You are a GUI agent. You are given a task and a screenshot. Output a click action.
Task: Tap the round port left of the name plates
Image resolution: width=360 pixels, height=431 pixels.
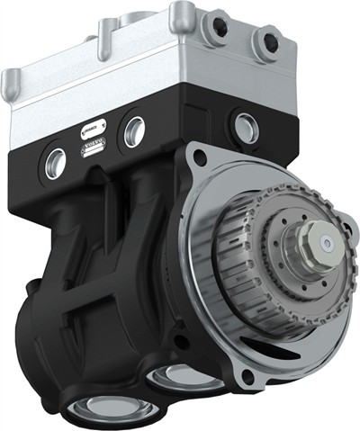tap(55, 162)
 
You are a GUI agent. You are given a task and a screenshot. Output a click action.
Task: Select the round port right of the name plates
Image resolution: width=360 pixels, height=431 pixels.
tap(134, 131)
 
